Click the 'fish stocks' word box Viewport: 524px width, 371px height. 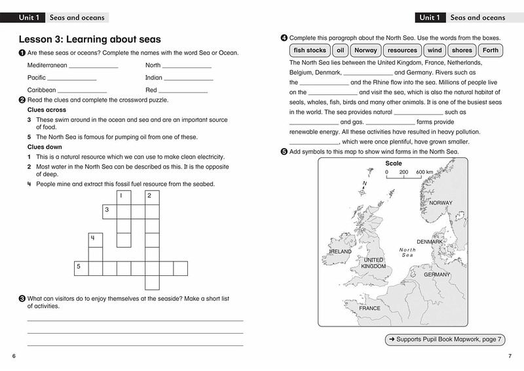coord(310,50)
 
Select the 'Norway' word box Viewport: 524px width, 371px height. coord(365,50)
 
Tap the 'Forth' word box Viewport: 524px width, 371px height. coord(490,50)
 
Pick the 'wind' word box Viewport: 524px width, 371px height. coord(434,50)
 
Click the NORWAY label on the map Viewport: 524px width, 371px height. coord(440,203)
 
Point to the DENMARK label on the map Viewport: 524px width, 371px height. coord(430,242)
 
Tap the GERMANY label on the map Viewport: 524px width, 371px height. coord(437,275)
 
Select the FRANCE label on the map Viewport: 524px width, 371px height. coord(369,308)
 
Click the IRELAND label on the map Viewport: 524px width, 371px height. coord(341,251)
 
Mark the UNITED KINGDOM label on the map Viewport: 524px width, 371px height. coord(374,264)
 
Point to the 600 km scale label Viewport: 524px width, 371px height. coord(424,172)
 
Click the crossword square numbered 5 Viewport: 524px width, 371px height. coord(81,268)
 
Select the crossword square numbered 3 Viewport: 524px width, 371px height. coord(109,211)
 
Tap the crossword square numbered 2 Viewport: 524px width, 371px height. coord(152,197)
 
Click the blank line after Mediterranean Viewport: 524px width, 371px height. coord(93,66)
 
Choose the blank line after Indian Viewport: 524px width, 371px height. coord(188,78)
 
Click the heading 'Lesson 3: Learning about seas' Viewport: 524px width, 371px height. coord(90,39)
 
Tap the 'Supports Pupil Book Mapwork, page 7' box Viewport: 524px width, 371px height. coord(444,340)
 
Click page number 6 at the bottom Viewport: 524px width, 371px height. coord(14,356)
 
